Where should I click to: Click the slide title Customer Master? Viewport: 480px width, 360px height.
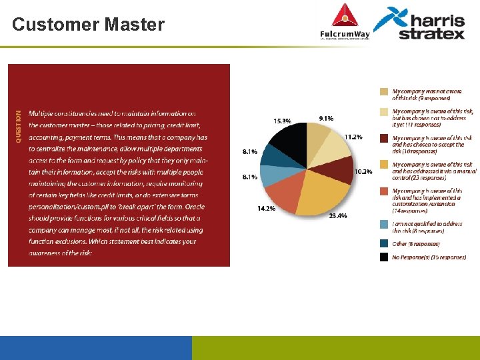pos(88,25)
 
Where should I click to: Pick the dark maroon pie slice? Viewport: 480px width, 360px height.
pos(340,170)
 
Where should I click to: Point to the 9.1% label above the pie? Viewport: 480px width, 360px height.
pos(327,118)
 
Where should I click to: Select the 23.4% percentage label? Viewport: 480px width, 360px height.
pos(337,215)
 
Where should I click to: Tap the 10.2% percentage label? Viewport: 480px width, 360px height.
pos(363,171)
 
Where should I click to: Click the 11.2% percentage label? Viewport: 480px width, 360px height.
pos(353,137)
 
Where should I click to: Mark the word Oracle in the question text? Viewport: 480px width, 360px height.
pos(195,207)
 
